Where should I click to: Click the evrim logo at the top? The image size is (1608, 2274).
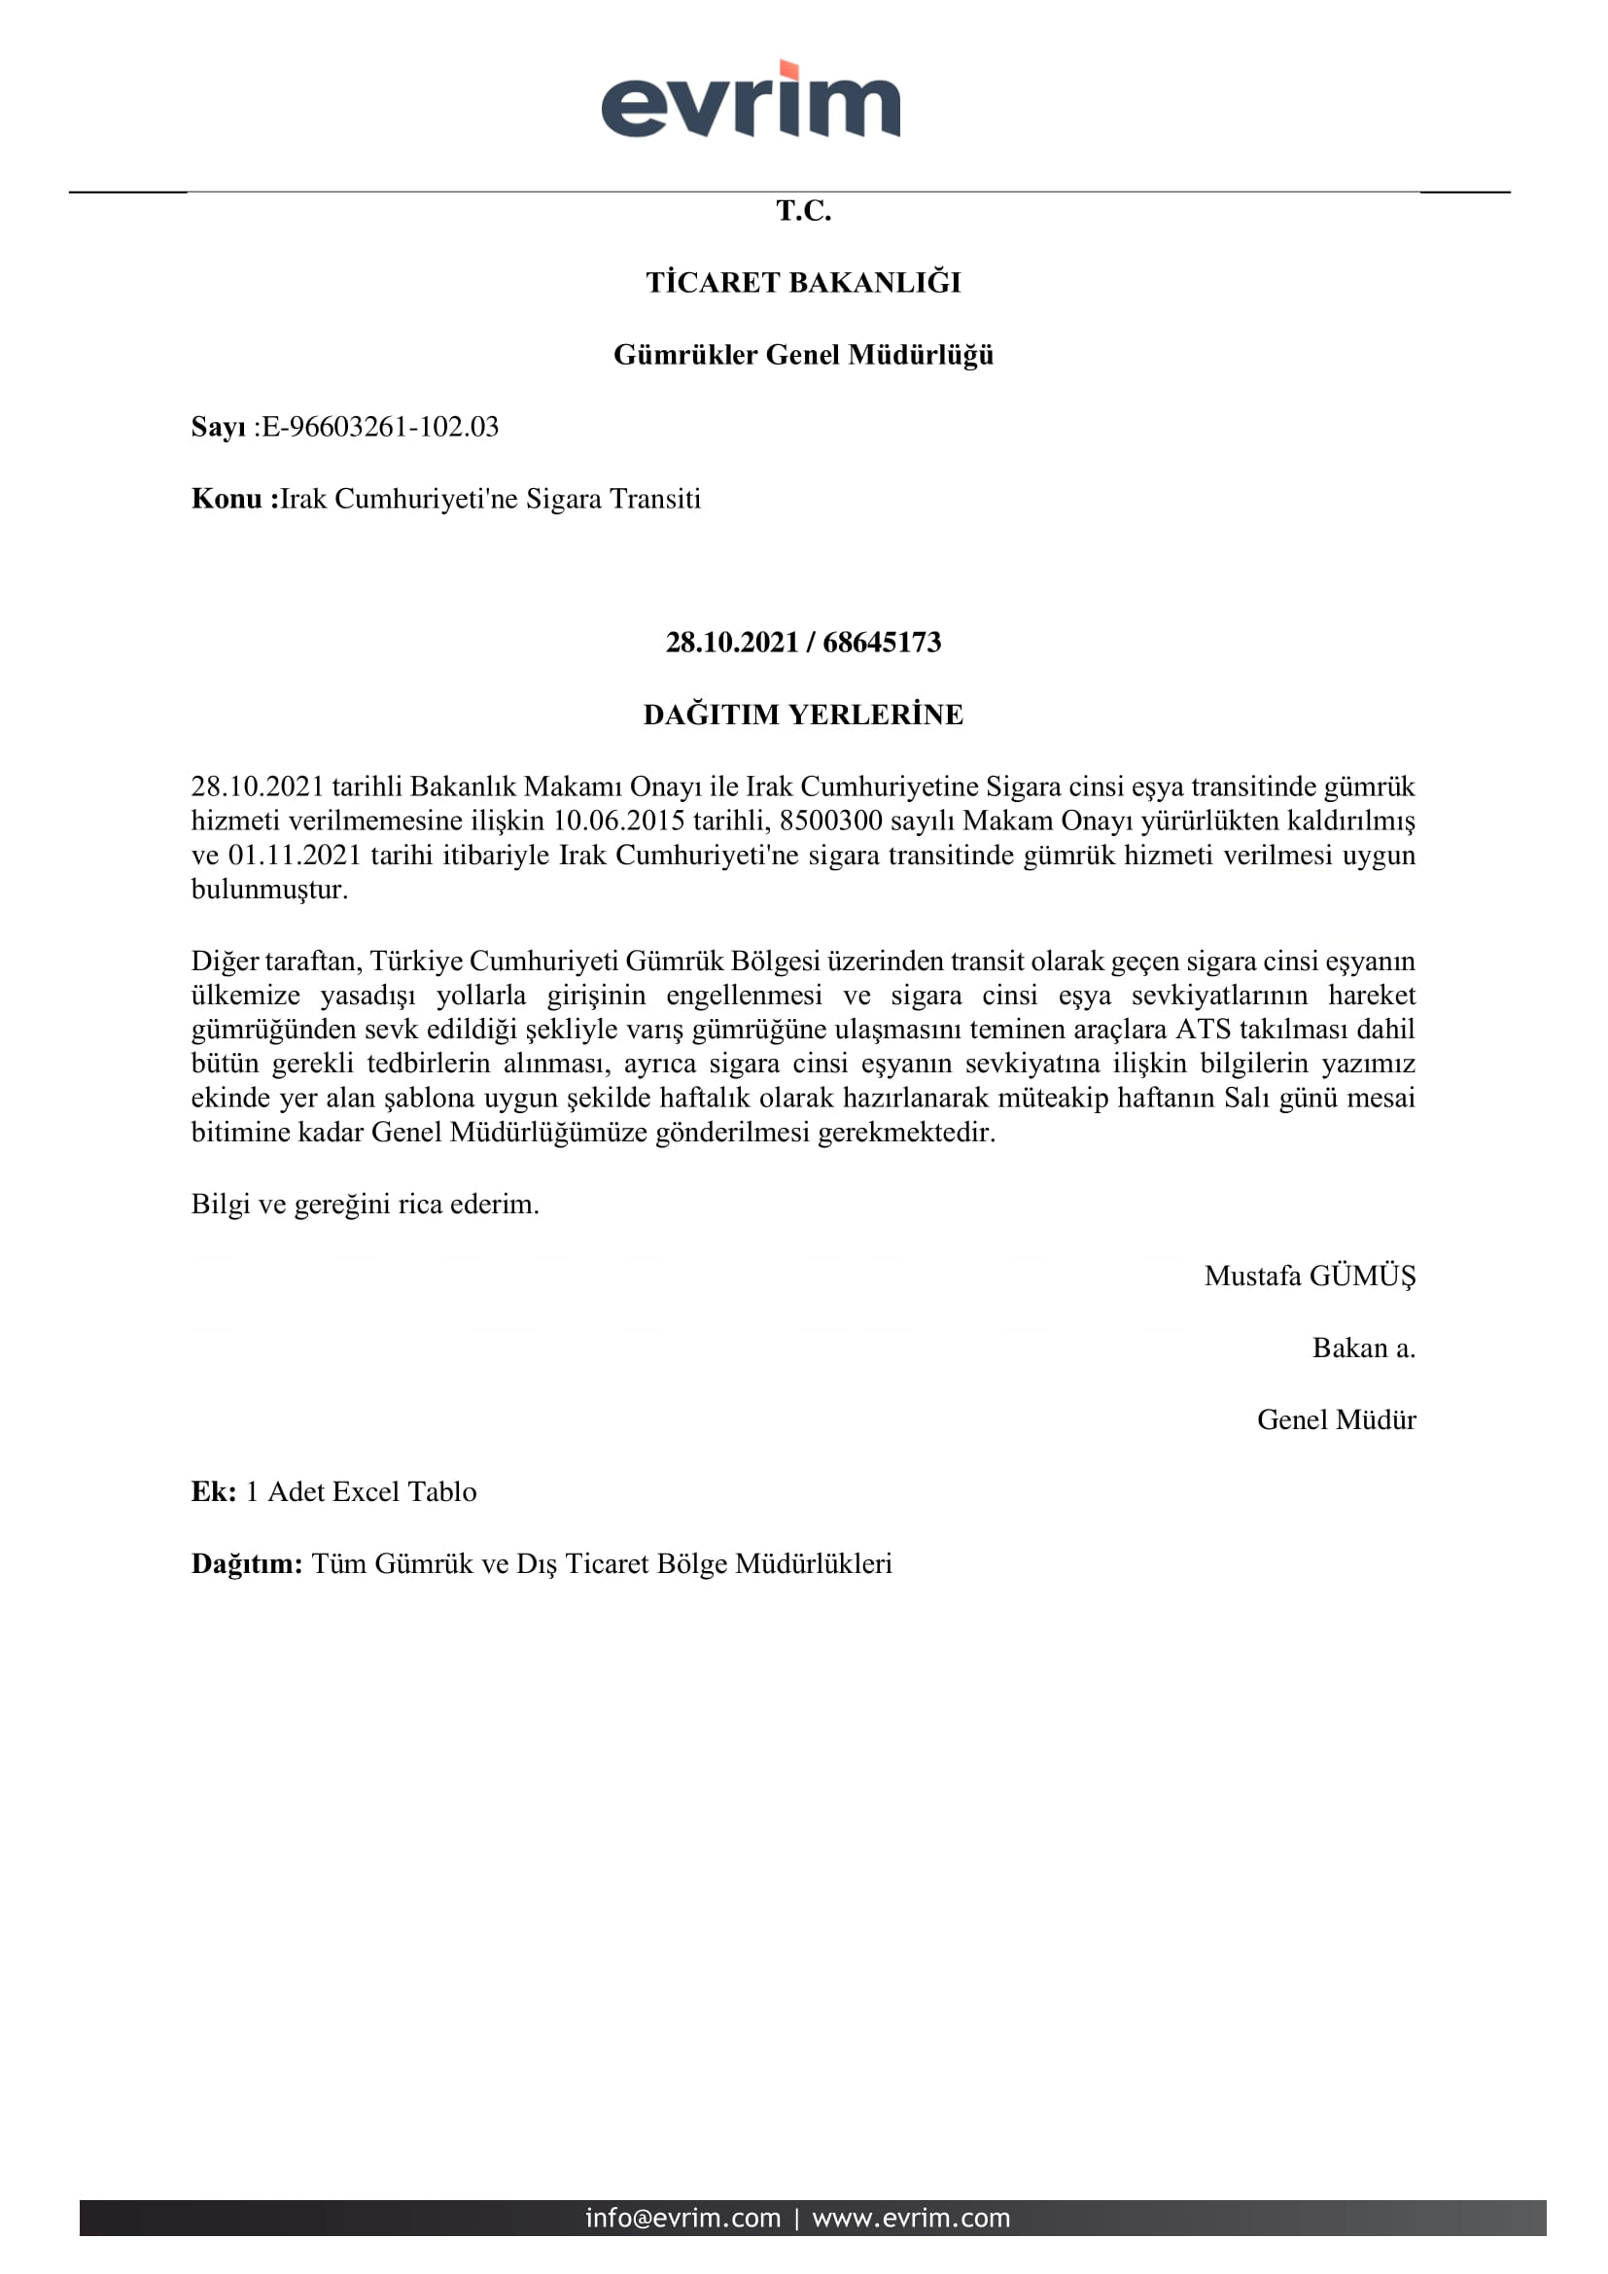(x=751, y=100)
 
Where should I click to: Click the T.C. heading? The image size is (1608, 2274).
(x=803, y=211)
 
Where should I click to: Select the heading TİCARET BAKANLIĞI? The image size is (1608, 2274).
(x=803, y=283)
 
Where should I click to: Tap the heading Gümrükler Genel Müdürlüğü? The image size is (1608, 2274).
(x=803, y=355)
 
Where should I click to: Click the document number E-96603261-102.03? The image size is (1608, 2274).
(x=380, y=427)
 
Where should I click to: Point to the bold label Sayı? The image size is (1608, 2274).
(x=218, y=427)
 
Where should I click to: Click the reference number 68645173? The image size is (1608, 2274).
(x=881, y=643)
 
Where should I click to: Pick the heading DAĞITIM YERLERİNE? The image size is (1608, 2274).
(x=803, y=716)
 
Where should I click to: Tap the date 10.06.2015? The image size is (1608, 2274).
(x=619, y=822)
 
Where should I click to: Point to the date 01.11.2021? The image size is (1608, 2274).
(x=296, y=855)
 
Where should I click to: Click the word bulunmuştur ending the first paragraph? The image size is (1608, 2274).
(x=269, y=890)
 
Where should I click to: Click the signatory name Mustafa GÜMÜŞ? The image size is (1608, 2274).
(x=1309, y=1276)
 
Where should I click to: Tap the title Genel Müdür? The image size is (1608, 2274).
(x=1336, y=1420)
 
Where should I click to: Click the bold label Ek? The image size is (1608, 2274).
(x=214, y=1491)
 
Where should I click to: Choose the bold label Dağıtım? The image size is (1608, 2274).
(x=247, y=1564)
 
